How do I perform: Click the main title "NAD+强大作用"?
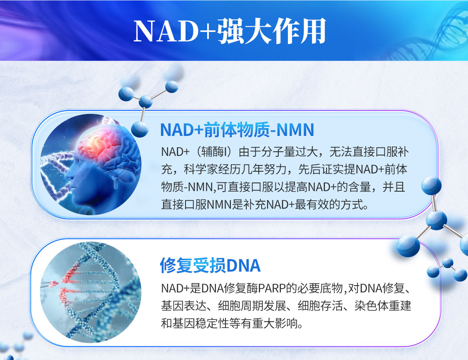(230, 31)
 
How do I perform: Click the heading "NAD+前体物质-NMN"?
(237, 130)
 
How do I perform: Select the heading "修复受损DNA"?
(210, 265)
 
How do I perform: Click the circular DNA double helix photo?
(91, 292)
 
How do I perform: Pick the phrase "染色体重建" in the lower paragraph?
(383, 306)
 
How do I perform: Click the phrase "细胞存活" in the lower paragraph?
(320, 306)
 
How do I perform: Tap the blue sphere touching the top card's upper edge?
(140, 129)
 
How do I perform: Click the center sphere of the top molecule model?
(146, 101)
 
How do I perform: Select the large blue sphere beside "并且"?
(431, 186)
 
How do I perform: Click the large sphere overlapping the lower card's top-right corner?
(408, 246)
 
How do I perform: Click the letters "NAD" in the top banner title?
(166, 31)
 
